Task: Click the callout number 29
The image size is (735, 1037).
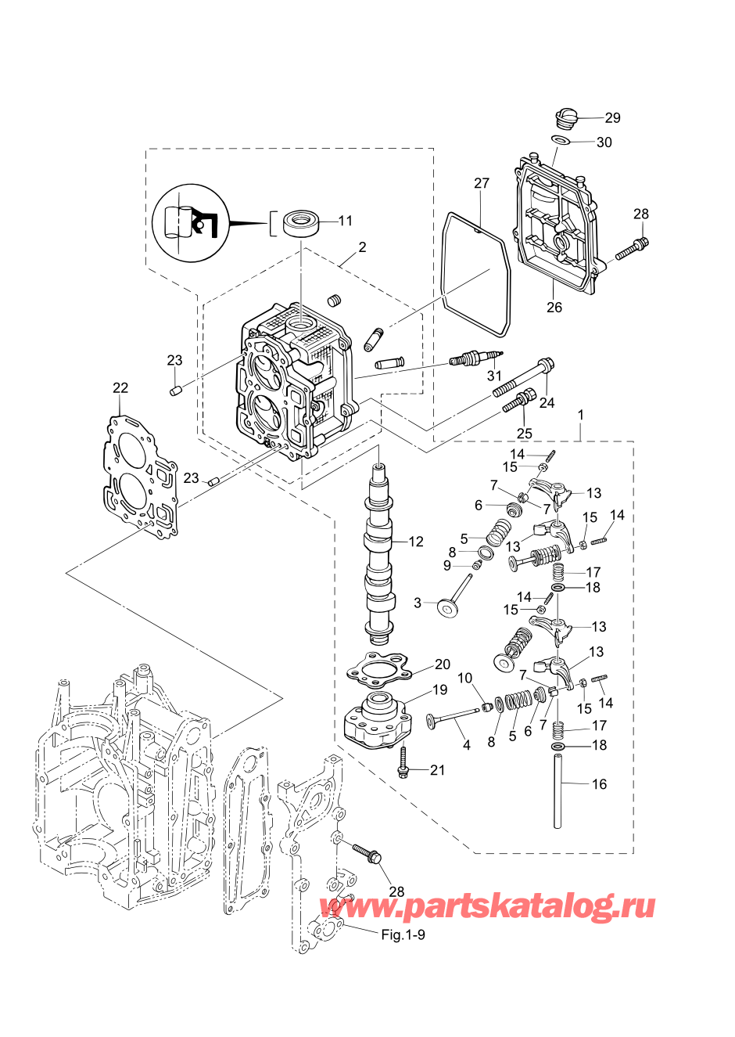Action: (x=612, y=117)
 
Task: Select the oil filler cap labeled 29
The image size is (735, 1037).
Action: (x=565, y=119)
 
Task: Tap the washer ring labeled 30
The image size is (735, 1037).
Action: (x=560, y=141)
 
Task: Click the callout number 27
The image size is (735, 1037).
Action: (x=482, y=183)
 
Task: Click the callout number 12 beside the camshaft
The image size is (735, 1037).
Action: (x=416, y=542)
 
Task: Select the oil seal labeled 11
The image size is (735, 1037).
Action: (x=301, y=223)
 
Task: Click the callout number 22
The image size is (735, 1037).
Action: (x=120, y=388)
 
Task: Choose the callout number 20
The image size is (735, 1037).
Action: (x=443, y=664)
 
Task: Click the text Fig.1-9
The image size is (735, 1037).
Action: (x=403, y=935)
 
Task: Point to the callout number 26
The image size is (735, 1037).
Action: (x=554, y=308)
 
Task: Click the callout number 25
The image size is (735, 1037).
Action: (x=525, y=433)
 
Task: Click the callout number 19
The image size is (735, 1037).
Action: (x=439, y=690)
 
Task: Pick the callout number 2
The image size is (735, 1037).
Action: (x=362, y=247)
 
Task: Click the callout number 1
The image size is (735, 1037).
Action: (x=580, y=414)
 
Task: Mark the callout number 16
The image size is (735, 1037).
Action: (x=599, y=784)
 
